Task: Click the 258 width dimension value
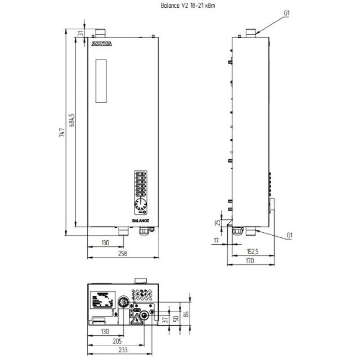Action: [123, 254]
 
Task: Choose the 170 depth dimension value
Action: [250, 261]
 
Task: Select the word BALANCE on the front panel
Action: [141, 221]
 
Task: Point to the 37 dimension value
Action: [165, 319]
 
